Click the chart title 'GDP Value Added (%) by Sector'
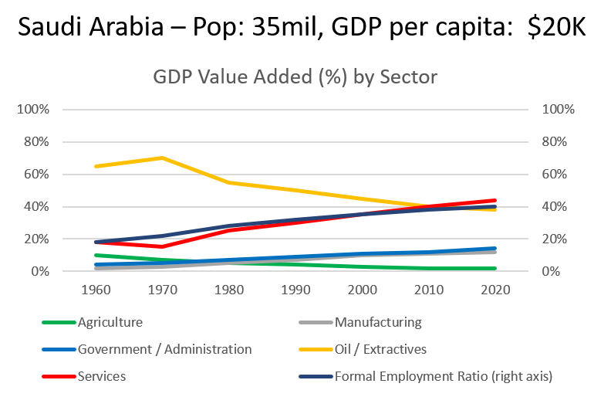(x=295, y=77)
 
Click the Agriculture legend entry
(x=110, y=322)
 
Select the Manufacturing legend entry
(x=378, y=322)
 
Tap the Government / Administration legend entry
(x=164, y=349)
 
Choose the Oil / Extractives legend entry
(x=380, y=349)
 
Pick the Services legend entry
(x=101, y=376)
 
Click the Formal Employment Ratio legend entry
(x=444, y=376)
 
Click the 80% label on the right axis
(x=558, y=142)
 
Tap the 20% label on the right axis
(x=558, y=239)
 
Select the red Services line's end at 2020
(x=495, y=201)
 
